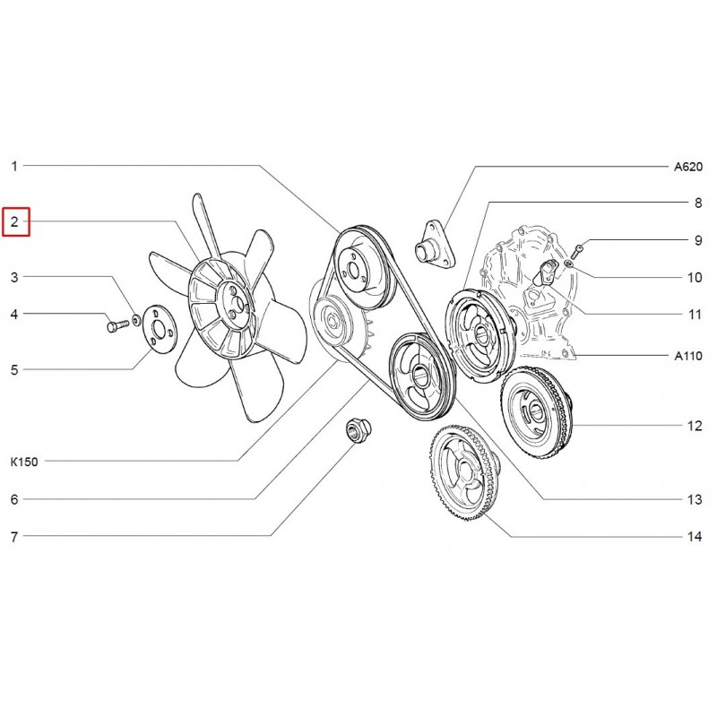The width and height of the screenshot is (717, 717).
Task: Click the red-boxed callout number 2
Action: point(15,222)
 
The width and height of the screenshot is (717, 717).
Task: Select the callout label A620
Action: point(687,167)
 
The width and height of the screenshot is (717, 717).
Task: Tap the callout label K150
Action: point(24,462)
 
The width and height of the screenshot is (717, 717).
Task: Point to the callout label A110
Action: point(688,355)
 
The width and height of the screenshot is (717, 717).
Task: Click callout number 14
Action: point(694,536)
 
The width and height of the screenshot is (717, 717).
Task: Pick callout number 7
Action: point(14,536)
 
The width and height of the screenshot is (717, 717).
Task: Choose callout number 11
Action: point(695,315)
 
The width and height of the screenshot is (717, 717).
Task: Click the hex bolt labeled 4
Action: point(117,325)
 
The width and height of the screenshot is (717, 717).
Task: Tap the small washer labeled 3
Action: point(136,320)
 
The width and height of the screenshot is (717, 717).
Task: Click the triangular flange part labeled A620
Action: point(435,244)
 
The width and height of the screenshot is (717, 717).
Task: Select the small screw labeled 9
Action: point(578,251)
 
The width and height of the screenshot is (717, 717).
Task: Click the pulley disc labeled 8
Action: point(479,335)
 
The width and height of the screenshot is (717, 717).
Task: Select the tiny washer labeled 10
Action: point(567,263)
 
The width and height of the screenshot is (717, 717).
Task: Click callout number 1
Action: point(14,167)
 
